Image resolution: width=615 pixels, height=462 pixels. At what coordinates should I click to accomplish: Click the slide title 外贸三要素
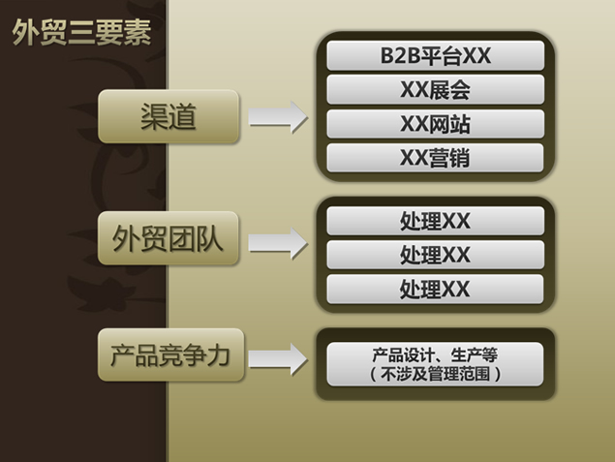click(81, 32)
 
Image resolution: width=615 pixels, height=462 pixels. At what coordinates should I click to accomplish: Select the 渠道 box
click(169, 116)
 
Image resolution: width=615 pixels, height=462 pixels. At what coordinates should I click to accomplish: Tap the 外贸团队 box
click(169, 238)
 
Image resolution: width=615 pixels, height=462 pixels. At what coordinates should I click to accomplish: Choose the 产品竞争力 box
click(170, 354)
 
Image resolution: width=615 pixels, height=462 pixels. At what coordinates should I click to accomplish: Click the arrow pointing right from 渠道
click(278, 117)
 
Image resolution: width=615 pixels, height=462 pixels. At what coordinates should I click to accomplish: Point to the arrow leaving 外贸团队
click(278, 243)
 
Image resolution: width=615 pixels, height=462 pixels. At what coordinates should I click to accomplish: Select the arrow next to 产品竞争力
click(278, 359)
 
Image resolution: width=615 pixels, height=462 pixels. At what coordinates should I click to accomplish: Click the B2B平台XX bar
click(436, 55)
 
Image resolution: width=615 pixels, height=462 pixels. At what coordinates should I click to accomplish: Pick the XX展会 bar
click(436, 89)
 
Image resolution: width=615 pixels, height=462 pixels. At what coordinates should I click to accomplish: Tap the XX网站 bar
click(436, 124)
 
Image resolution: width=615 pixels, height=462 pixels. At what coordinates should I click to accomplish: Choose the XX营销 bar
click(436, 158)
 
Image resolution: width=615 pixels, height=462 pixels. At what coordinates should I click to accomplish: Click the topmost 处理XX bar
click(436, 221)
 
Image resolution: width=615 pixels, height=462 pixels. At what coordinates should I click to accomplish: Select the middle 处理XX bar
click(436, 255)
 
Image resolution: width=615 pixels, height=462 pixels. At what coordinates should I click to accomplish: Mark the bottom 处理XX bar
click(436, 289)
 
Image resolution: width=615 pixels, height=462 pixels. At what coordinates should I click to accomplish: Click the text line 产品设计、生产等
click(435, 354)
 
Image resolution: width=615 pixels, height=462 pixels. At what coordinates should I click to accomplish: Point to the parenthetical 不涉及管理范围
click(436, 374)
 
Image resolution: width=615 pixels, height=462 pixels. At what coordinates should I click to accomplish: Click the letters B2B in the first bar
click(400, 55)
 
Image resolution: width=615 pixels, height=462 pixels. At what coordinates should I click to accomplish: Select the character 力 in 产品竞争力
click(218, 355)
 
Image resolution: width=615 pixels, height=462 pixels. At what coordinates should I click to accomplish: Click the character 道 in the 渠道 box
click(182, 116)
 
